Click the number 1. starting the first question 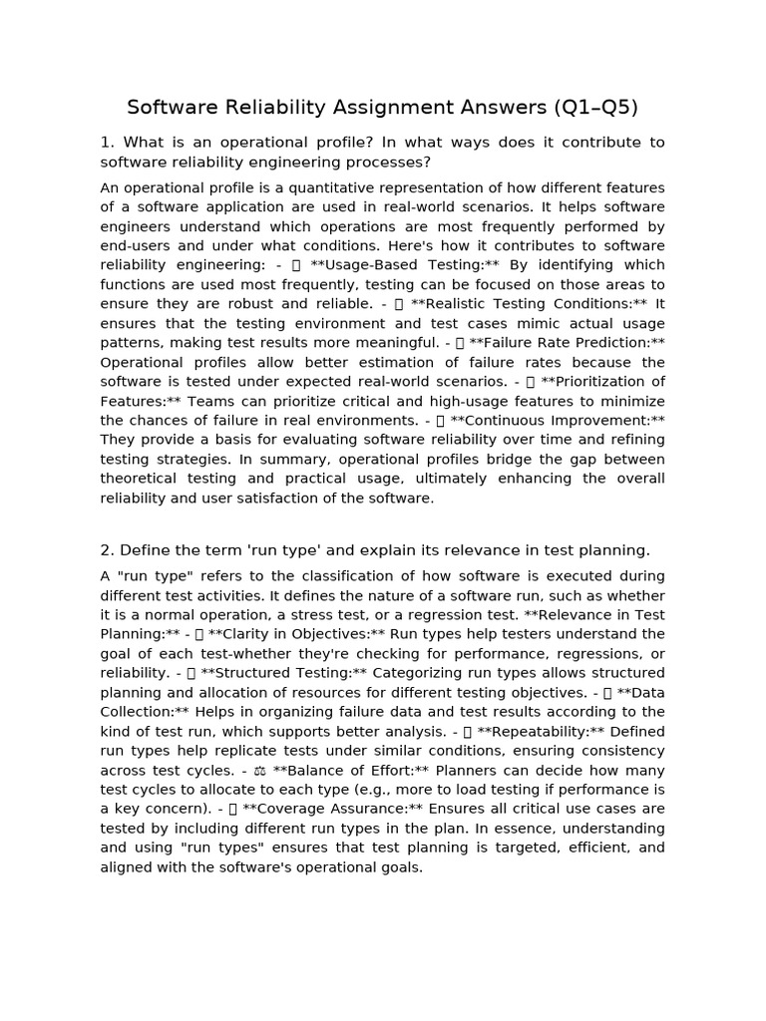tap(107, 143)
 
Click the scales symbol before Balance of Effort tap(259, 771)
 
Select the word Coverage tap(286, 810)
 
